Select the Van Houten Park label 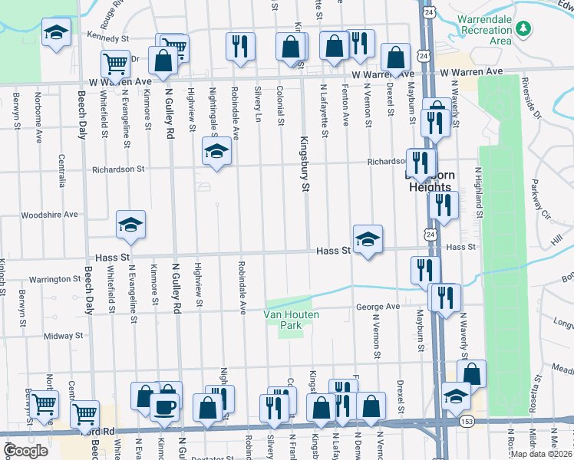(x=292, y=320)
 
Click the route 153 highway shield (x=467, y=421)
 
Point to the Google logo (x=25, y=451)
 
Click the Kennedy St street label (x=107, y=37)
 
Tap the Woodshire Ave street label (x=50, y=215)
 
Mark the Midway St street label (x=63, y=336)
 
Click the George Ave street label (x=378, y=307)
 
